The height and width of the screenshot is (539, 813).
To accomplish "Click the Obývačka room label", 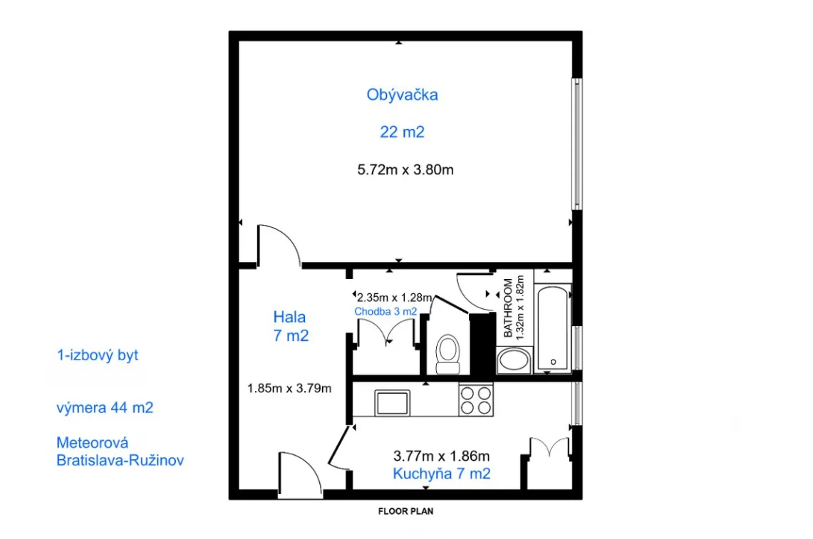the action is coord(402,95).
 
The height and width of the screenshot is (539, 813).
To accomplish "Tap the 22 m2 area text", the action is coord(402,132).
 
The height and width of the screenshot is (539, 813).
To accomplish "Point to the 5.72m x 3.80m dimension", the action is coord(405,170).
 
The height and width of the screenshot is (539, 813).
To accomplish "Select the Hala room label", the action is coord(289,317).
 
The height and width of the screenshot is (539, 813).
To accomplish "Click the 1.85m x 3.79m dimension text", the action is coord(289,388).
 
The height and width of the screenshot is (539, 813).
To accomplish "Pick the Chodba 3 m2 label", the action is coord(385,311).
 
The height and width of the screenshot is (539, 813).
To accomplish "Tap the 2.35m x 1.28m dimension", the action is coord(395,298).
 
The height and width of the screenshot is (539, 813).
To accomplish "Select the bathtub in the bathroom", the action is coord(553,328).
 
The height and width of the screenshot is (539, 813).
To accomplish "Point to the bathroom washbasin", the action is coord(514,360).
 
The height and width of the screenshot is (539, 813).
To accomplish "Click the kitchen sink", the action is coord(392,402).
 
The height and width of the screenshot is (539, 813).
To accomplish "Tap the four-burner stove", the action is coord(476,400).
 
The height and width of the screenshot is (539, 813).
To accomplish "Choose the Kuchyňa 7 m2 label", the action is coord(441,473).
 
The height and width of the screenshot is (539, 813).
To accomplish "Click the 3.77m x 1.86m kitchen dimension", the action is coord(441,456).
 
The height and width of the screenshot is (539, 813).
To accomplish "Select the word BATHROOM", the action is coord(508,308).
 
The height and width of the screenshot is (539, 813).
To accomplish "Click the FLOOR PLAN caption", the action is coord(405,511).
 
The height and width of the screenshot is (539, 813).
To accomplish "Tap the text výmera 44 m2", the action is coord(105,408).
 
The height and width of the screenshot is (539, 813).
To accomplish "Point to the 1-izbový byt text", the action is coord(98,355).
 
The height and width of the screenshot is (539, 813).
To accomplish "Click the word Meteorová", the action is coord(93,443).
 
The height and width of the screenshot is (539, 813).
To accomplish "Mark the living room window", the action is coord(576,144).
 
